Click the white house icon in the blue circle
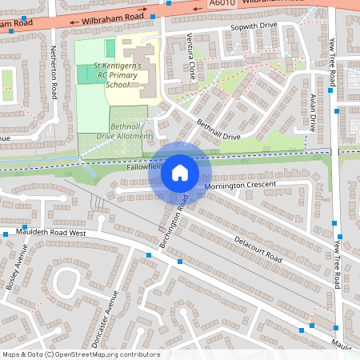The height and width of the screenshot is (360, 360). (x=180, y=172)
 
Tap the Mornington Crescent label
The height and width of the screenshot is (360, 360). (x=239, y=185)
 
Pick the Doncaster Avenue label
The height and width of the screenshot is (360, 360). (x=105, y=318)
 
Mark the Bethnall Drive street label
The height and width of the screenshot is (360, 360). (x=219, y=130)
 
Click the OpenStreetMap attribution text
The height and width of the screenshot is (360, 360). (x=80, y=354)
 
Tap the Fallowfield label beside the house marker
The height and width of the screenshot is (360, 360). (x=144, y=169)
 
